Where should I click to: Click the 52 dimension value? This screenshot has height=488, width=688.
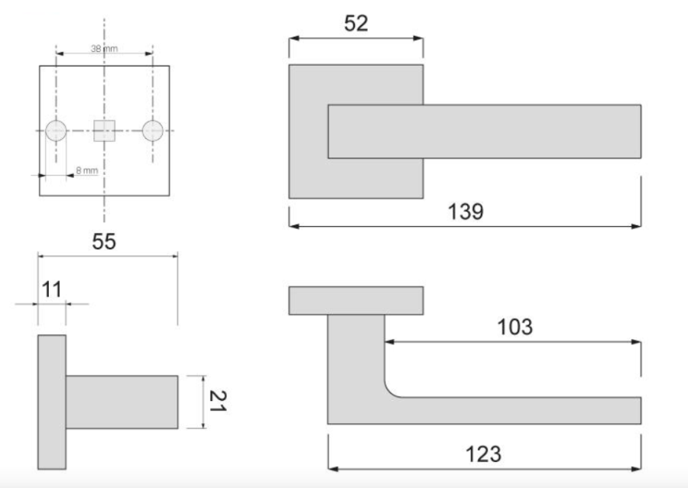pyautogui.click(x=355, y=23)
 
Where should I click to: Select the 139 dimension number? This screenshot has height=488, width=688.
pyautogui.click(x=466, y=212)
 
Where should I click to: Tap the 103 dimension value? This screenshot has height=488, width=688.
pyautogui.click(x=514, y=327)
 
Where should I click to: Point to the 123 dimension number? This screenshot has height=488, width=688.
pyautogui.click(x=483, y=454)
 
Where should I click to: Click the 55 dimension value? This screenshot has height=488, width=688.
pyautogui.click(x=104, y=241)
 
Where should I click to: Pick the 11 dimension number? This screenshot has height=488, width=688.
pyautogui.click(x=51, y=289)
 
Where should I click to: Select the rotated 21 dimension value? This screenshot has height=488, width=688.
pyautogui.click(x=218, y=401)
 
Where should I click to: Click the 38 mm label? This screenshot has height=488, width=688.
pyautogui.click(x=104, y=49)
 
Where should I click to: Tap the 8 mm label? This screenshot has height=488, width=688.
pyautogui.click(x=87, y=170)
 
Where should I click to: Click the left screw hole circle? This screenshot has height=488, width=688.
pyautogui.click(x=56, y=131)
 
